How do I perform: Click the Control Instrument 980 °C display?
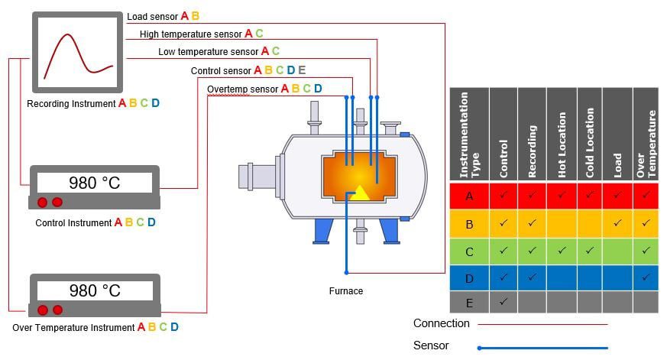coord(95,183)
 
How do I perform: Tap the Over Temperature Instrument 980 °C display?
coord(95,290)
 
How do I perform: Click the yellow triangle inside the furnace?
coord(359,192)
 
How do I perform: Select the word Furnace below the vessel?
coord(346,291)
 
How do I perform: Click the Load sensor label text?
coord(152,16)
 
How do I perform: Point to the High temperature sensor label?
coord(191,34)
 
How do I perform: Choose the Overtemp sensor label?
coord(243,89)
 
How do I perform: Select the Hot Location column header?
coord(561,135)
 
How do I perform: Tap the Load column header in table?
coord(617,135)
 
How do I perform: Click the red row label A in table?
coord(469,196)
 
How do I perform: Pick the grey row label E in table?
coord(469,303)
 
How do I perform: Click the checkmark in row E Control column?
coord(503,302)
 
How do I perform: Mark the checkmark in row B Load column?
coord(617,222)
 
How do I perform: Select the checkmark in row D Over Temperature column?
coord(646,276)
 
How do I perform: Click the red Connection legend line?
coord(542,324)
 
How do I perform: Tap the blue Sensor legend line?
coord(542,348)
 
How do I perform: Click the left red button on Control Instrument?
coord(43,202)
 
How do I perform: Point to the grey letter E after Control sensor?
coord(302,70)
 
